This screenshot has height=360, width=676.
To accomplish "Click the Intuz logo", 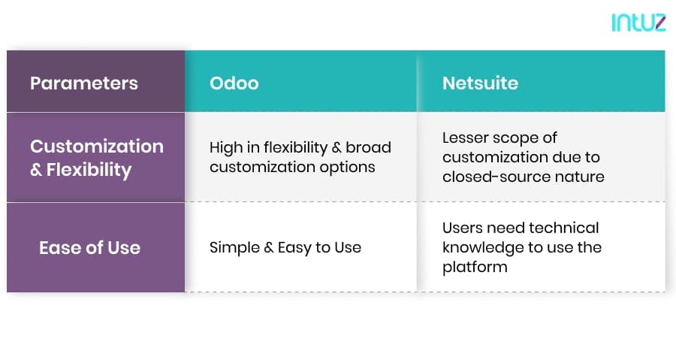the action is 638,23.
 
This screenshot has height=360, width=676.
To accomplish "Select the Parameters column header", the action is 84,83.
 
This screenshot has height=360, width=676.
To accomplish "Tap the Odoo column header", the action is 234,83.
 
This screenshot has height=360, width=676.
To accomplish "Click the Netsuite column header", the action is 480,83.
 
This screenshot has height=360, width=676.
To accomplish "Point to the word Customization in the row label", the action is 97,146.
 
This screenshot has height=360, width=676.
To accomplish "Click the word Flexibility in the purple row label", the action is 89,170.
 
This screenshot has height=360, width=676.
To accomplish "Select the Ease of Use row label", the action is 89,247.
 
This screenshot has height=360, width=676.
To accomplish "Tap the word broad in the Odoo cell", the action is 368,147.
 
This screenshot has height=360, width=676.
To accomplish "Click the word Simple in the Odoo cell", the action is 234,248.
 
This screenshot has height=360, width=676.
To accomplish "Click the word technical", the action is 563,227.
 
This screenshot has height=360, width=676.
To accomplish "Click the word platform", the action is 475,268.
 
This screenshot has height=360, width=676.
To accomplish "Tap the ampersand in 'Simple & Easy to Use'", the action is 269,248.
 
